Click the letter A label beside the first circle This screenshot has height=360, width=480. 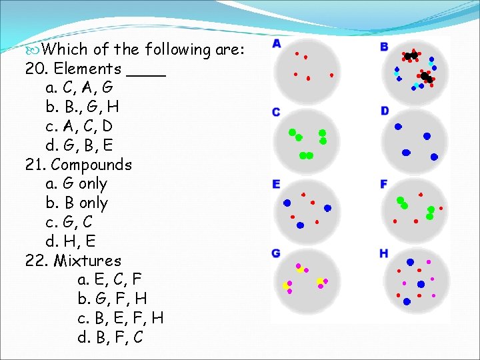pos(277,44)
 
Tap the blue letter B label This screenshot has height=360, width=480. pos(384,47)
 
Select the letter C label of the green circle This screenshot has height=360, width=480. pos(276,112)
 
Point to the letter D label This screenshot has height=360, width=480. pos(385,111)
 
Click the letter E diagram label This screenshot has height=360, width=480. pos(276,184)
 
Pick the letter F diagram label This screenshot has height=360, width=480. pos(384,183)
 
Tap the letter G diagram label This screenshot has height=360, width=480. pos(276,253)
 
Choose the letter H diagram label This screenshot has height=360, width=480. pos(384,253)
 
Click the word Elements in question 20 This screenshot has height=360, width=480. pos(87,68)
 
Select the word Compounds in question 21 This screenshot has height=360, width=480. pos(91,164)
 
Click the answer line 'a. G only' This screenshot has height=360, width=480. pos(77,183)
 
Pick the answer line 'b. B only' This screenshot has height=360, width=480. pos(77,203)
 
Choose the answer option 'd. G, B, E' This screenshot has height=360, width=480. pos(79,145)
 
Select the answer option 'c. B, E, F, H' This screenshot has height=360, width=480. pos(120,318)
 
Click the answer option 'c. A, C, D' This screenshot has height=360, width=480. pos(79,126)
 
